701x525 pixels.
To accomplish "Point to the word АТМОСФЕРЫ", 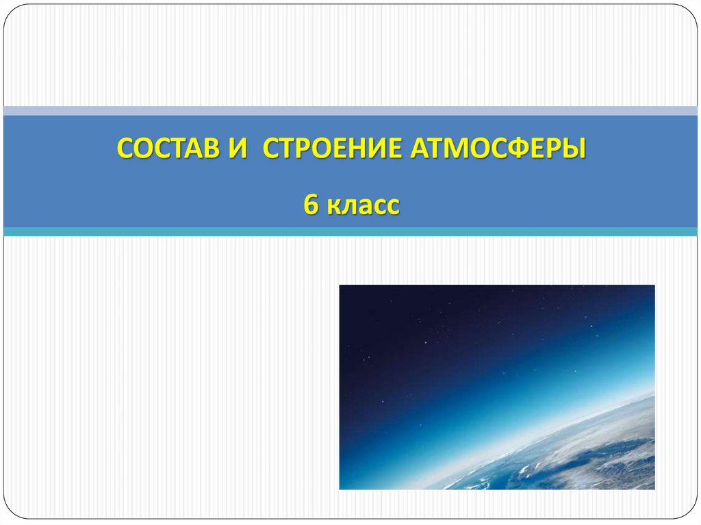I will (498, 148).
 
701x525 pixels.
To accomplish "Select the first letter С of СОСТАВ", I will (124, 148).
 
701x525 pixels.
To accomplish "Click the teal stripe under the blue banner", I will (350, 232).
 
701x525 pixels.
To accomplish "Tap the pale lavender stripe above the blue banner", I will (350, 110).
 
